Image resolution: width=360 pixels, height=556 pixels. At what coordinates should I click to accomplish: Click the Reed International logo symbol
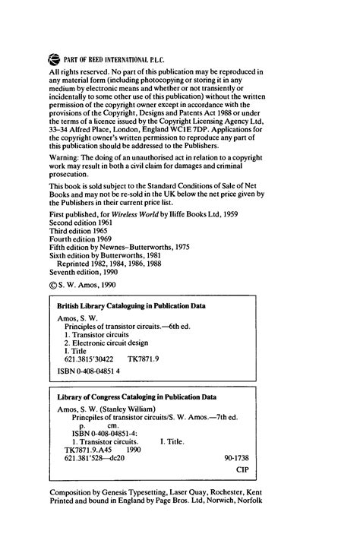click(53, 55)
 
